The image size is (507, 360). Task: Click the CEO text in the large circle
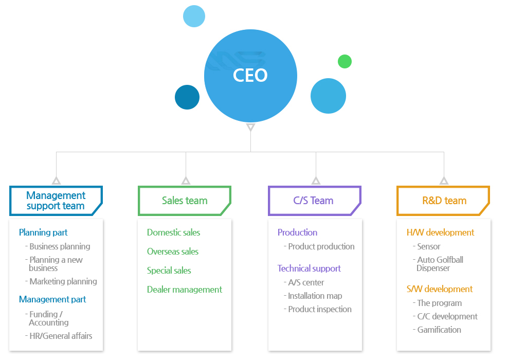point(250,76)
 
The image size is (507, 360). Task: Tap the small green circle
point(345,61)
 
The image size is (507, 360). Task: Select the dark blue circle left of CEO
point(187,97)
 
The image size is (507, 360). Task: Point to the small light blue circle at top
point(194,16)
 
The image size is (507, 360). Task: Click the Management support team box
point(56,201)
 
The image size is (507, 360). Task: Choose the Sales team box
point(185,201)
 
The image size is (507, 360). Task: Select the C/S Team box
point(315,201)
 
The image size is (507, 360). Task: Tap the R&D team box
point(443,201)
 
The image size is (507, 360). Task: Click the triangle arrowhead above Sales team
point(186,181)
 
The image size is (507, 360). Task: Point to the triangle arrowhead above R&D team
point(444,181)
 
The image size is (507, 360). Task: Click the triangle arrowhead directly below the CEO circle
point(250,127)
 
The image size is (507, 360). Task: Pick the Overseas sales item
point(173,251)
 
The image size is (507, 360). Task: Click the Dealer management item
point(184,290)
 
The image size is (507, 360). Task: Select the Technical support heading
point(309,268)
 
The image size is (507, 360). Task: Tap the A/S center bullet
point(304,282)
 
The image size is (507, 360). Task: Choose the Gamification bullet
point(437,330)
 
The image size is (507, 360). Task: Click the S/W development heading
point(440,289)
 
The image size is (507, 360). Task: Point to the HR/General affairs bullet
point(59,336)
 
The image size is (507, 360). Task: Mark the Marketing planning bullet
point(61,281)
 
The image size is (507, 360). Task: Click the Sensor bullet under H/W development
point(426,246)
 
